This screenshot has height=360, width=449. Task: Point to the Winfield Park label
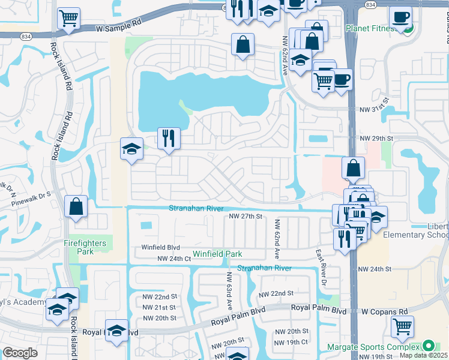pyautogui.click(x=217, y=254)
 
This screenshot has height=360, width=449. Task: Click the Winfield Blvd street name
pyautogui.click(x=160, y=247)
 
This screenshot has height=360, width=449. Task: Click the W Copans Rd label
pyautogui.click(x=384, y=311)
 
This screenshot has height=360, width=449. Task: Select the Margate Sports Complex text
pyautogui.click(x=373, y=347)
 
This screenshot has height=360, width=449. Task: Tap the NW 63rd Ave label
pyautogui.click(x=229, y=290)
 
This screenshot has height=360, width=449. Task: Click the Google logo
pyautogui.click(x=20, y=352)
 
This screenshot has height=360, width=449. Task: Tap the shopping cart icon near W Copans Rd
pyautogui.click(x=402, y=326)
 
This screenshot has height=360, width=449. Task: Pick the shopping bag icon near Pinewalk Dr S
pyautogui.click(x=77, y=206)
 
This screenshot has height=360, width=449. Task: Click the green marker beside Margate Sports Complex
pyautogui.click(x=428, y=346)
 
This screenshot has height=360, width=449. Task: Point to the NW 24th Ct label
pyautogui.click(x=173, y=259)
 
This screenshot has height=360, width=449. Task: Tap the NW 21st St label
pyautogui.click(x=160, y=307)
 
